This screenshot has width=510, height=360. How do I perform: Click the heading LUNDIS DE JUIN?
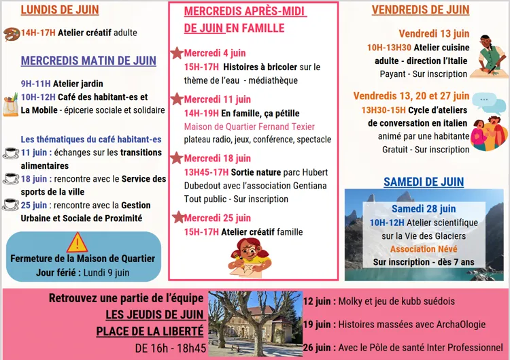60,10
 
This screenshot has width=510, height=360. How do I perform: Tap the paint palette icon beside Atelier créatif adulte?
11,33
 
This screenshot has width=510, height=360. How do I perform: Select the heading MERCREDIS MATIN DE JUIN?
88,61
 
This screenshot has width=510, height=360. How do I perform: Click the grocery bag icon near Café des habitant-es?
10,105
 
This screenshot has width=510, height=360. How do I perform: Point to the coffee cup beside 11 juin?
10,153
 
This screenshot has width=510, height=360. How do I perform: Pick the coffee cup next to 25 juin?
10,205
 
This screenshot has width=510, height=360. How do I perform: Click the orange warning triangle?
78,242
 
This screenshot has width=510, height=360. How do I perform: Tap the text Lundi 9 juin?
106,272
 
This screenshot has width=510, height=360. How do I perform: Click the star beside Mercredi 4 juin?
177,52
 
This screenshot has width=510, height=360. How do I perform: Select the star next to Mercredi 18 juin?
177,158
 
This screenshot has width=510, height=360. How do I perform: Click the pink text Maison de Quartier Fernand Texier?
250,127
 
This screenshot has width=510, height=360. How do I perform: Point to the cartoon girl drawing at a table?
250,258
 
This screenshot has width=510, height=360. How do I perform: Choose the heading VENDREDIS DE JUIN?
420,10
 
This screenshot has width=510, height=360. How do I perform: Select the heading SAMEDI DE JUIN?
424,182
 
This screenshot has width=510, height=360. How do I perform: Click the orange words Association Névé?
423,249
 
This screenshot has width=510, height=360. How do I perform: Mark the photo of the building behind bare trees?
255,323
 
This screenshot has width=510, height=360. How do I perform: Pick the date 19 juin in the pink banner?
318,325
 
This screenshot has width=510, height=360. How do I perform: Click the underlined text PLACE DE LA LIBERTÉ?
150,331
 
